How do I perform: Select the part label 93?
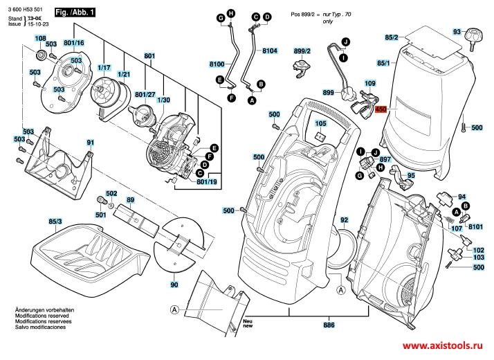[x=456, y=32]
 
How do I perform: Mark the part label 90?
[x=174, y=285]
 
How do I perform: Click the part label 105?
[x=320, y=123]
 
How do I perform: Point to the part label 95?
[x=410, y=176]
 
